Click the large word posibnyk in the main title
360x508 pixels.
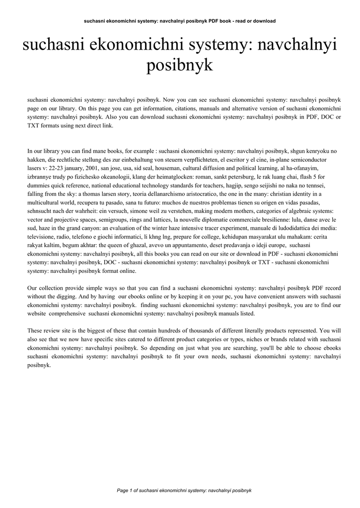click(180, 65)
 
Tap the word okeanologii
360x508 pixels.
click(119, 176)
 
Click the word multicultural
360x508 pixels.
click(47, 202)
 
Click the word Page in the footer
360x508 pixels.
click(122, 491)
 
